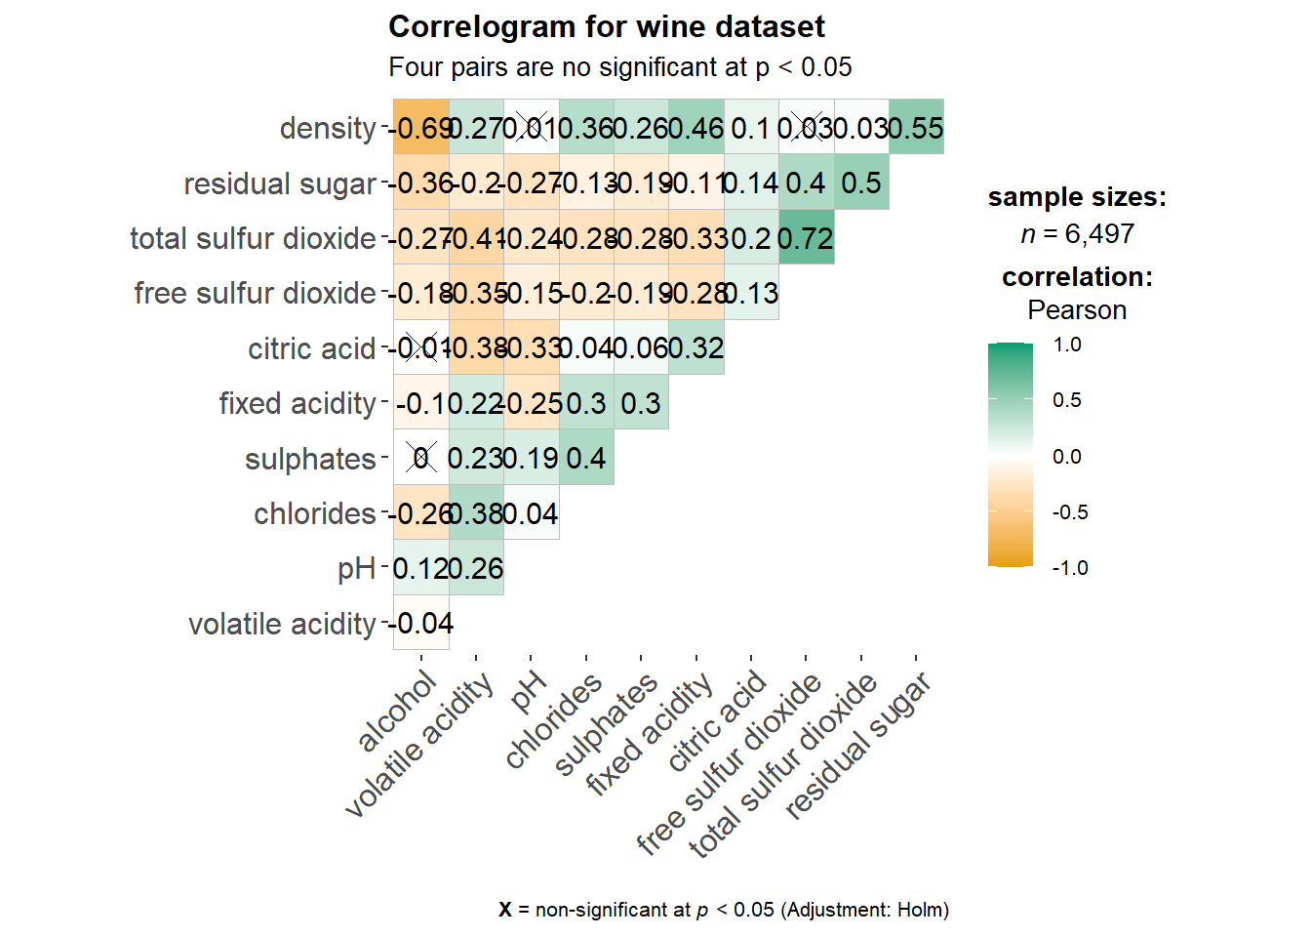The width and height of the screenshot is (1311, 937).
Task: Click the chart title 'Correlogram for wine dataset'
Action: pyautogui.click(x=606, y=26)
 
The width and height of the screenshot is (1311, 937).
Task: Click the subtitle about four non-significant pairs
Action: pyautogui.click(x=619, y=67)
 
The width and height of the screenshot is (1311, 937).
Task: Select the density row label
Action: pyautogui.click(x=328, y=128)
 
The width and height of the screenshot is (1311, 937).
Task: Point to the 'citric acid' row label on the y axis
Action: pyautogui.click(x=311, y=348)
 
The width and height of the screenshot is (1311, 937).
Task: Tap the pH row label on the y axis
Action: pyautogui.click(x=356, y=569)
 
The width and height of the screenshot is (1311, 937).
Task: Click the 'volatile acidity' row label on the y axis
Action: pyautogui.click(x=282, y=624)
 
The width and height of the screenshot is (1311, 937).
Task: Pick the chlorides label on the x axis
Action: pyautogui.click(x=554, y=722)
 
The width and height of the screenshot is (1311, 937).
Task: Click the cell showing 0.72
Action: pyautogui.click(x=806, y=238)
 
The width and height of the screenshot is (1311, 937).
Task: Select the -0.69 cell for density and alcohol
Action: pyautogui.click(x=421, y=128)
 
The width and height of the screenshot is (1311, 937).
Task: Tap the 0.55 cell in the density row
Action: pyautogui.click(x=916, y=128)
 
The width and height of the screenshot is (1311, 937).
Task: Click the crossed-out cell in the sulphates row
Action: pyautogui.click(x=421, y=458)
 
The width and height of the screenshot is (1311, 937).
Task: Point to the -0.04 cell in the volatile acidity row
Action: pyautogui.click(x=421, y=623)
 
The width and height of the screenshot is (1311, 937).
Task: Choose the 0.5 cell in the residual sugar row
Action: pyautogui.click(x=861, y=183)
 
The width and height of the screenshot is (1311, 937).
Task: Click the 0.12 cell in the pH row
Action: pyautogui.click(x=421, y=568)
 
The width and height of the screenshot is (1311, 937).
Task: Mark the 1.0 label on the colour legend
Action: pyautogui.click(x=1068, y=345)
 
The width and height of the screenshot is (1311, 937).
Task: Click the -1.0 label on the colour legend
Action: pyautogui.click(x=1070, y=568)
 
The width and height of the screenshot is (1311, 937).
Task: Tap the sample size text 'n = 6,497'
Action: pyautogui.click(x=1077, y=234)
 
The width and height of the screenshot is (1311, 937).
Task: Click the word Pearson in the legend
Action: pyautogui.click(x=1077, y=310)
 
